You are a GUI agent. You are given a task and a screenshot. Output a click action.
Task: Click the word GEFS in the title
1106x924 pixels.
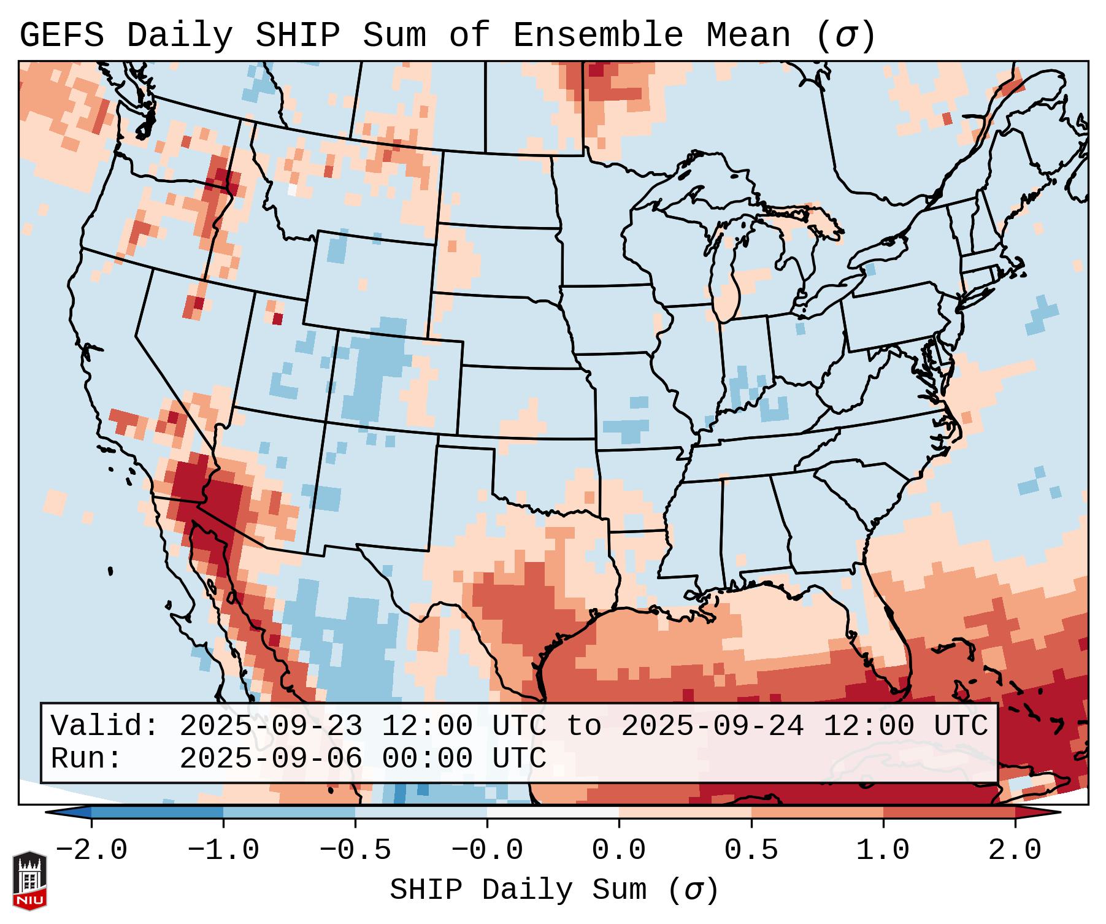click(x=62, y=36)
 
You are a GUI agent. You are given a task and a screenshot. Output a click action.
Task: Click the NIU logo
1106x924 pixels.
click(x=29, y=880)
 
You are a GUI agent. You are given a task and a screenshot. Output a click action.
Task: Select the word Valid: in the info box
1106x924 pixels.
click(x=105, y=726)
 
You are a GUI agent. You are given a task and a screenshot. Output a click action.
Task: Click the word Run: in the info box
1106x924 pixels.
click(x=86, y=759)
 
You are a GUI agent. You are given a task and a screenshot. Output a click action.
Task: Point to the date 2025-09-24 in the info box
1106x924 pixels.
click(x=712, y=726)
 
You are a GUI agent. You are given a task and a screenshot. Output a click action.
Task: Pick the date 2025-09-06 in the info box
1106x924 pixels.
click(x=271, y=759)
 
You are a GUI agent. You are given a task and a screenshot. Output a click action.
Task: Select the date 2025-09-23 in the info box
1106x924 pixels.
click(x=271, y=726)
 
